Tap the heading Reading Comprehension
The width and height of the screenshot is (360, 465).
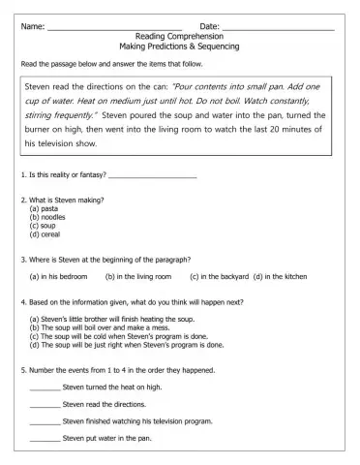179,36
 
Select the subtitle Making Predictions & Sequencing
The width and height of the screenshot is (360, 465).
179,46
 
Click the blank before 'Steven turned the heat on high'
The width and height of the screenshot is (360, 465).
45,387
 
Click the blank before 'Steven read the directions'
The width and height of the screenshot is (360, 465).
45,405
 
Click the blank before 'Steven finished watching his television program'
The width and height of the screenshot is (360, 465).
45,422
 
